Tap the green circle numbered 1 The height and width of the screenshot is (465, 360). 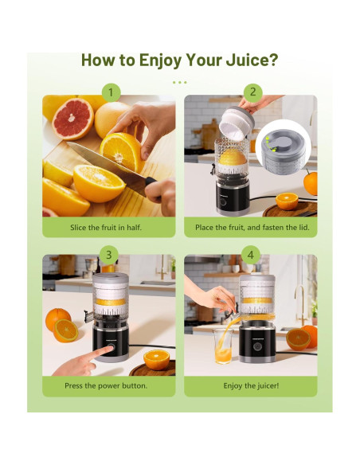(x=111, y=92)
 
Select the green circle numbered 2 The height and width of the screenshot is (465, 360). (x=252, y=92)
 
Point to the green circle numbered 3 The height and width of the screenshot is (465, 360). (x=109, y=255)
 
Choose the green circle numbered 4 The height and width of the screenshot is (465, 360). (x=251, y=255)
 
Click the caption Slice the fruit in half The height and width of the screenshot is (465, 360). (x=106, y=228)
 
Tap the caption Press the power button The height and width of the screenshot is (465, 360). (x=106, y=386)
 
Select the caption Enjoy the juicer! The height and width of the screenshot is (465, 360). (x=251, y=386)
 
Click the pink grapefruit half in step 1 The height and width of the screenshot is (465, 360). (x=72, y=119)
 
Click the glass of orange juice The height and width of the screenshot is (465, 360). (x=223, y=346)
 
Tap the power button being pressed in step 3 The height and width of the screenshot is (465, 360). (x=111, y=348)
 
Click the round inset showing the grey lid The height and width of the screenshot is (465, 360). (x=284, y=147)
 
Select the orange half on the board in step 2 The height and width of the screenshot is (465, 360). (x=287, y=201)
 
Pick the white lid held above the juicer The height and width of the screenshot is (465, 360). (x=237, y=123)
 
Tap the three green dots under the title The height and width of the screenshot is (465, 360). (x=180, y=83)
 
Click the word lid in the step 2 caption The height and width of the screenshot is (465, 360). (x=303, y=228)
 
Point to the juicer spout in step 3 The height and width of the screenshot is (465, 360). (x=88, y=317)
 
